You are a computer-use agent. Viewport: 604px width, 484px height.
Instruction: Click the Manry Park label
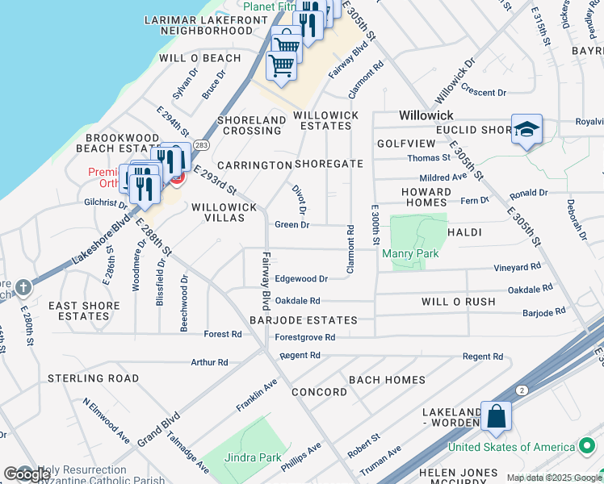(410, 254)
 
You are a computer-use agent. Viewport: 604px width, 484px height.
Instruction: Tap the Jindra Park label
(254, 457)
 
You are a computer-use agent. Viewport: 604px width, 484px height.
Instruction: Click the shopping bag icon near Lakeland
(497, 417)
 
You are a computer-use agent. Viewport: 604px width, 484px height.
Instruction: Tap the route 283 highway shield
(202, 145)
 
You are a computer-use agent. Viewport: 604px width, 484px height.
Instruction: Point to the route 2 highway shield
(522, 390)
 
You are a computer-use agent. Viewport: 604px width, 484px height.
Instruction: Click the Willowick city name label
(426, 116)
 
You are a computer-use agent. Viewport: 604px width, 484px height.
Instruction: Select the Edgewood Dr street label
(300, 279)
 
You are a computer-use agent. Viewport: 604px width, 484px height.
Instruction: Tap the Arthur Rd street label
(209, 363)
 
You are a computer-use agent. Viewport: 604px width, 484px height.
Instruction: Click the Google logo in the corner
(27, 474)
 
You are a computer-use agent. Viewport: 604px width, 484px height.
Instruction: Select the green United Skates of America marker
(587, 446)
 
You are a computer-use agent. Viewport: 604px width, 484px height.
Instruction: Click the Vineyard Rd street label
(518, 267)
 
